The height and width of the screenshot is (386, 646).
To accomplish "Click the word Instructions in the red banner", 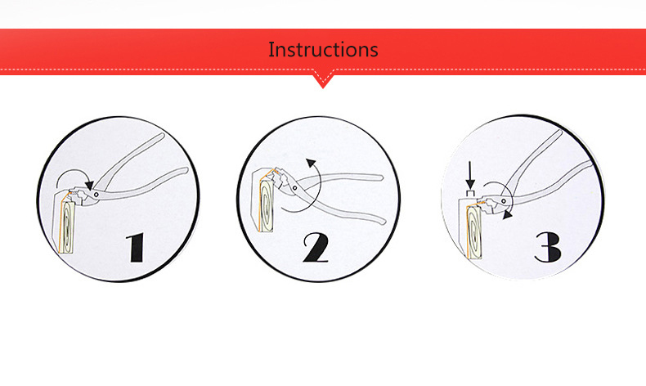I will pos(323,49).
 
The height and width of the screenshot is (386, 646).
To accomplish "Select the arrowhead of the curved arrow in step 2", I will pos(310,163).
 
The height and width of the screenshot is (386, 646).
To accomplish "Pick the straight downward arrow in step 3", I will pos(471,174).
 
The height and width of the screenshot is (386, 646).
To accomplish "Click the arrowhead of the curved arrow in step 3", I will pos(509,216).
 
